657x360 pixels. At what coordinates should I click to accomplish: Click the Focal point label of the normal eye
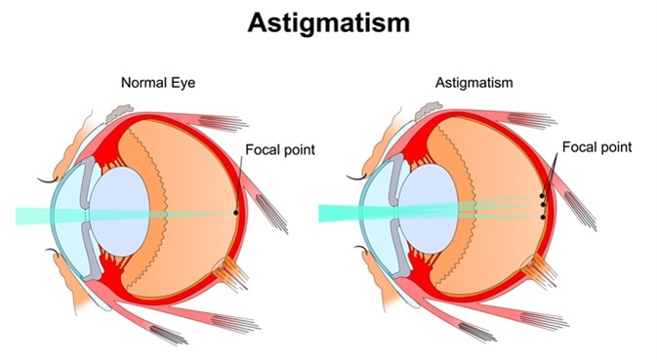click(x=275, y=152)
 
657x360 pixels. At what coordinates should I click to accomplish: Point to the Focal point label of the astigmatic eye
click(x=597, y=147)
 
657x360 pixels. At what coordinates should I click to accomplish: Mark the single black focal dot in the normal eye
click(x=235, y=212)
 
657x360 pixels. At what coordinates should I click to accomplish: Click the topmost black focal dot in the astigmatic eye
click(x=542, y=196)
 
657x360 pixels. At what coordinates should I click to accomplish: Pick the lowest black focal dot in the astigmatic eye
click(x=543, y=216)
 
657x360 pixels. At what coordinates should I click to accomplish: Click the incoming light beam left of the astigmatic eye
click(x=337, y=212)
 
